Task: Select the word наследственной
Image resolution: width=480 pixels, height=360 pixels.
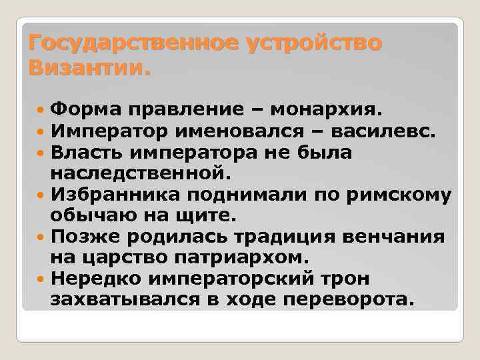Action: click(139, 174)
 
